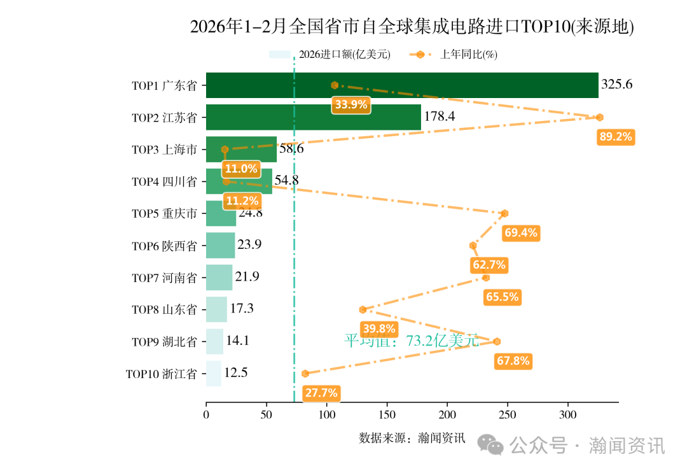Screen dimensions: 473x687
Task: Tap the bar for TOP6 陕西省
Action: (x=220, y=245)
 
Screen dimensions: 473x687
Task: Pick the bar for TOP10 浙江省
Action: (x=213, y=373)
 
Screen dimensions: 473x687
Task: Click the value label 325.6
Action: (x=616, y=85)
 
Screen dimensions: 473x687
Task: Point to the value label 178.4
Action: (x=440, y=117)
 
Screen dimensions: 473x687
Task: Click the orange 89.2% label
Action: (x=616, y=137)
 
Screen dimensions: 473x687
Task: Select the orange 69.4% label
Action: (x=520, y=233)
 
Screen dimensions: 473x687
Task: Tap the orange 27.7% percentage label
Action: (x=321, y=393)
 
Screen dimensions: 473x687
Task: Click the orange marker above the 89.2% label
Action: (x=599, y=117)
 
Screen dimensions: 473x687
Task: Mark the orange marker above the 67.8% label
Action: (x=497, y=341)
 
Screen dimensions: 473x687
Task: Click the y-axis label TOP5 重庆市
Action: (x=164, y=213)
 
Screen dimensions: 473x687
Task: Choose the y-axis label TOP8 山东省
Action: (x=164, y=309)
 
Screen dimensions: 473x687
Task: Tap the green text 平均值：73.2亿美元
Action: (x=411, y=341)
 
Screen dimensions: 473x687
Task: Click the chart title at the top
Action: (x=412, y=27)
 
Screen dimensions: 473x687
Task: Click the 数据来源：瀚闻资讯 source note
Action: (x=412, y=438)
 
